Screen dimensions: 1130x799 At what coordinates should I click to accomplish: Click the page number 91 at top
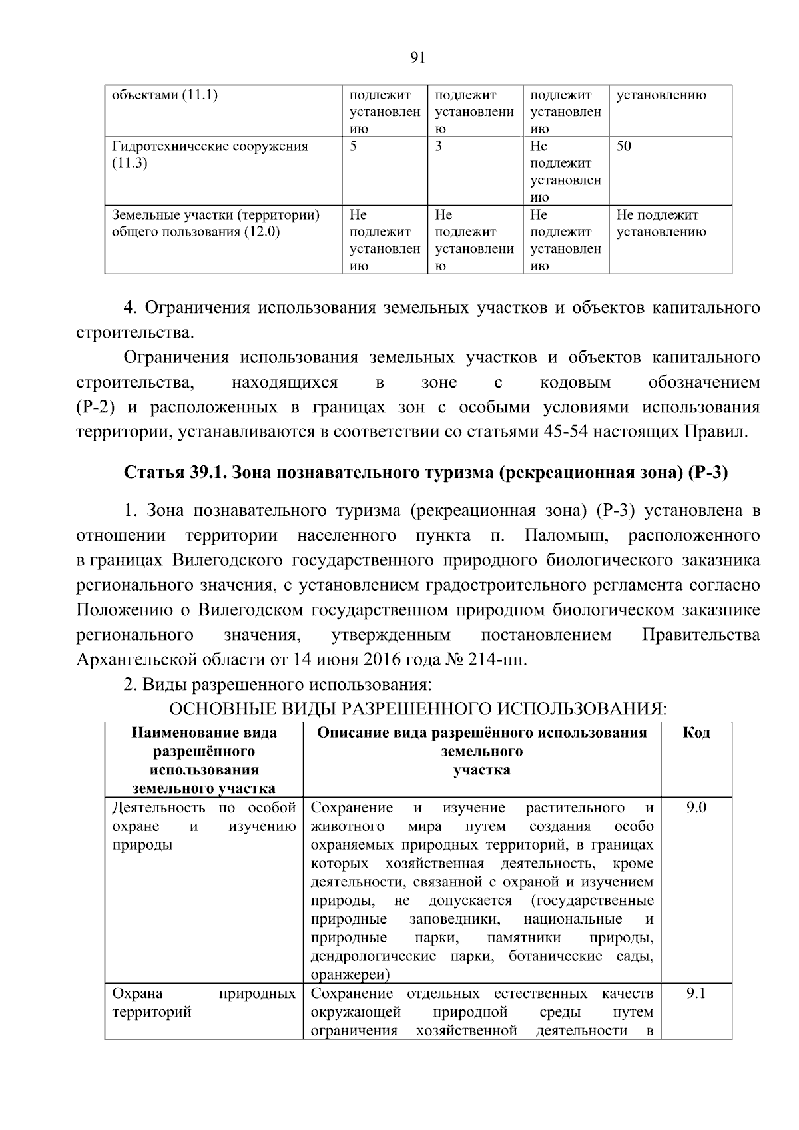(x=417, y=58)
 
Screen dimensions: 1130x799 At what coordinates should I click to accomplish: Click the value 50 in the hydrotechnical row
(x=623, y=146)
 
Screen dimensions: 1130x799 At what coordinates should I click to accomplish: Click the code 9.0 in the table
(x=696, y=808)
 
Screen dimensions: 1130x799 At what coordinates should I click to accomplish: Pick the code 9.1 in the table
(x=696, y=993)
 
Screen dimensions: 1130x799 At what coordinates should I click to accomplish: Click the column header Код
(x=696, y=733)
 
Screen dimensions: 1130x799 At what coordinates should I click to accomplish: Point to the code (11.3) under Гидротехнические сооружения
(x=129, y=164)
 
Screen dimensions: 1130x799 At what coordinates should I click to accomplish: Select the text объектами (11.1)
(x=164, y=95)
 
